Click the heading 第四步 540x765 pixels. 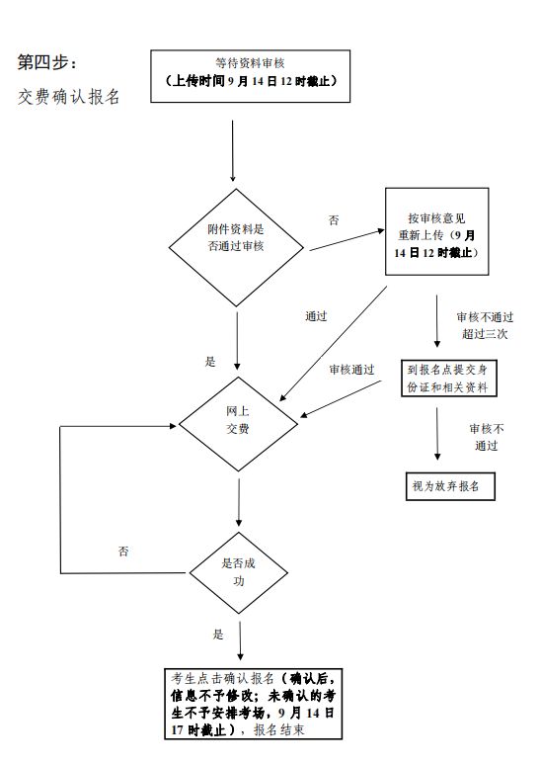[46, 62]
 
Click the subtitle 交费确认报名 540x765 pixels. [69, 97]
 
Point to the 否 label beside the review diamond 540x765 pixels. [334, 220]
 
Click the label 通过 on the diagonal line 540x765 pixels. [316, 316]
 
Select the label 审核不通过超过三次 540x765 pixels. [485, 325]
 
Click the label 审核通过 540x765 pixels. [351, 370]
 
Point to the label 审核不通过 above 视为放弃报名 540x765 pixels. [487, 437]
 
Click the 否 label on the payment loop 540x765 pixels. [123, 552]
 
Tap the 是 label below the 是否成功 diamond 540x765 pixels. [218, 635]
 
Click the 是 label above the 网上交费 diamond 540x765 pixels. [210, 362]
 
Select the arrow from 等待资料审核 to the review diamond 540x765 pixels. [232, 151]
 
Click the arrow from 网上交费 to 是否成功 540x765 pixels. [239, 502]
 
